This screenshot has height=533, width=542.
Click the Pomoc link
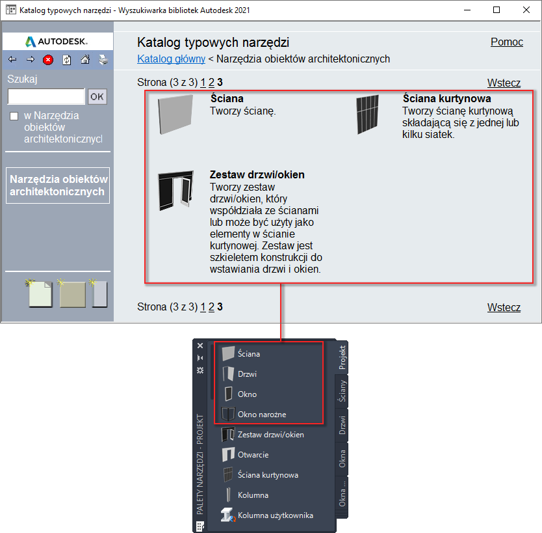coord(507,42)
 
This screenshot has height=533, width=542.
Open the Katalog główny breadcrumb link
coord(171,59)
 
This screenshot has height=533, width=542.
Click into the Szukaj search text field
coord(46,96)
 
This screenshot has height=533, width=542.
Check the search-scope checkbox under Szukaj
coord(14,116)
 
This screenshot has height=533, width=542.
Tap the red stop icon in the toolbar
coord(48,60)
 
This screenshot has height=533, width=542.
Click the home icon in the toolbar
coord(85,60)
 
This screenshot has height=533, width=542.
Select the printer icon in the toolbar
coord(103,60)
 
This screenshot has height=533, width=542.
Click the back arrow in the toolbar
coord(12,59)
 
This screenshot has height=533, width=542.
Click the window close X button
coord(526,10)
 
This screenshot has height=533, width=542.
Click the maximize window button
coord(497,10)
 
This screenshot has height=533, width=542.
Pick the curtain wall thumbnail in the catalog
coord(367,115)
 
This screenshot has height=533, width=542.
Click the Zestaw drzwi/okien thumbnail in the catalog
coord(176,190)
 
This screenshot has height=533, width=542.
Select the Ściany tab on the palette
coord(342,391)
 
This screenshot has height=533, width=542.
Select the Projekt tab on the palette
coord(342,357)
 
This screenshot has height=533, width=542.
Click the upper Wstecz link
coord(504,83)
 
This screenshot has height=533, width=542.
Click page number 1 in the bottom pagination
coord(203,307)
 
